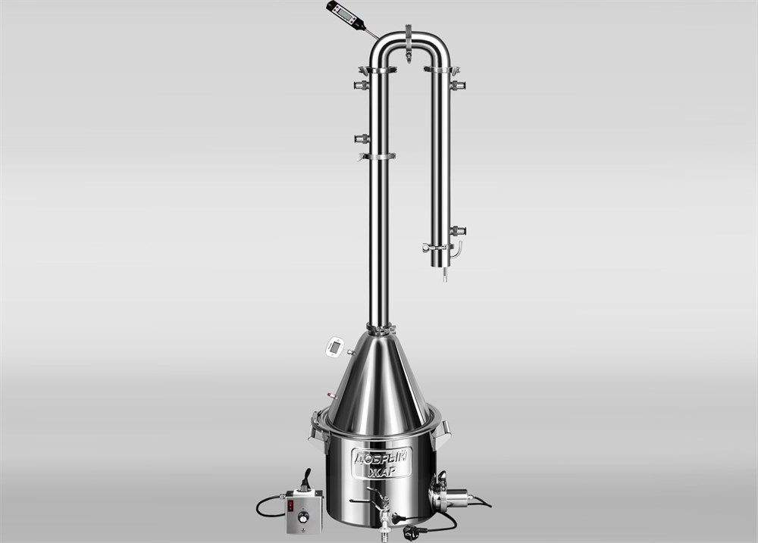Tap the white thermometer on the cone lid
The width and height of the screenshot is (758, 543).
tap(335, 348)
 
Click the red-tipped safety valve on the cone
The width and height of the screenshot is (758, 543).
tap(330, 395)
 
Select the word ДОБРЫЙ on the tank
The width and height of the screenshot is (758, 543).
tap(381, 456)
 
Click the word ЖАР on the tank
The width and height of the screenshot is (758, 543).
tap(382, 470)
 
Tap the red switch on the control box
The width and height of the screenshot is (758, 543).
tap(290, 505)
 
